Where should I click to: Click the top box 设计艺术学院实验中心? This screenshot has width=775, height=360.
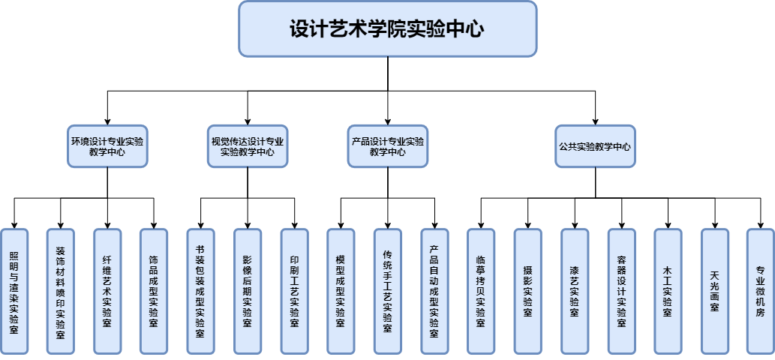(387, 28)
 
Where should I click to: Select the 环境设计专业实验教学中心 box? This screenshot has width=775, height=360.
(107, 145)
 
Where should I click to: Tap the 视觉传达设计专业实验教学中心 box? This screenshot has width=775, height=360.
(247, 145)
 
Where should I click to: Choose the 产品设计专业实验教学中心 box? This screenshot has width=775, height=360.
(388, 145)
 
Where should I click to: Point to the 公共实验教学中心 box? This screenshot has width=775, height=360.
(595, 145)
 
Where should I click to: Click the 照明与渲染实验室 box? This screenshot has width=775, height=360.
(14, 290)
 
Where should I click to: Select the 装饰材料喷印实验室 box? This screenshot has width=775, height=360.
(60, 290)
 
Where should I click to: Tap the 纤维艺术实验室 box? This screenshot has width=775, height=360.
(107, 290)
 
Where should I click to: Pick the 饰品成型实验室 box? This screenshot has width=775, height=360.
(154, 290)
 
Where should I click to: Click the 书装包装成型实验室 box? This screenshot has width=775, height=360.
(200, 290)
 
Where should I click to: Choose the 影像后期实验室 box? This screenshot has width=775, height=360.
(247, 290)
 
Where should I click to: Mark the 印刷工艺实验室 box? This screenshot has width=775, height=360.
(294, 290)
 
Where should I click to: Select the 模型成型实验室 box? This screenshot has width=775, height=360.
(341, 290)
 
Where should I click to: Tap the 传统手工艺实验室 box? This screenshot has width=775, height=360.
(387, 290)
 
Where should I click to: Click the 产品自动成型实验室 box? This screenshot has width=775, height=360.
(434, 290)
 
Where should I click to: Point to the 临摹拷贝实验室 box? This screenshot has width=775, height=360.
(481, 290)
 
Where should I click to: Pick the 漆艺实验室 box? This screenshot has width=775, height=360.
(575, 290)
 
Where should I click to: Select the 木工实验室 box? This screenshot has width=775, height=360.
(668, 290)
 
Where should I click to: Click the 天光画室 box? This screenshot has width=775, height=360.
(714, 290)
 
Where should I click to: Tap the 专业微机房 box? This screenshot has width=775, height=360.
(760, 290)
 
